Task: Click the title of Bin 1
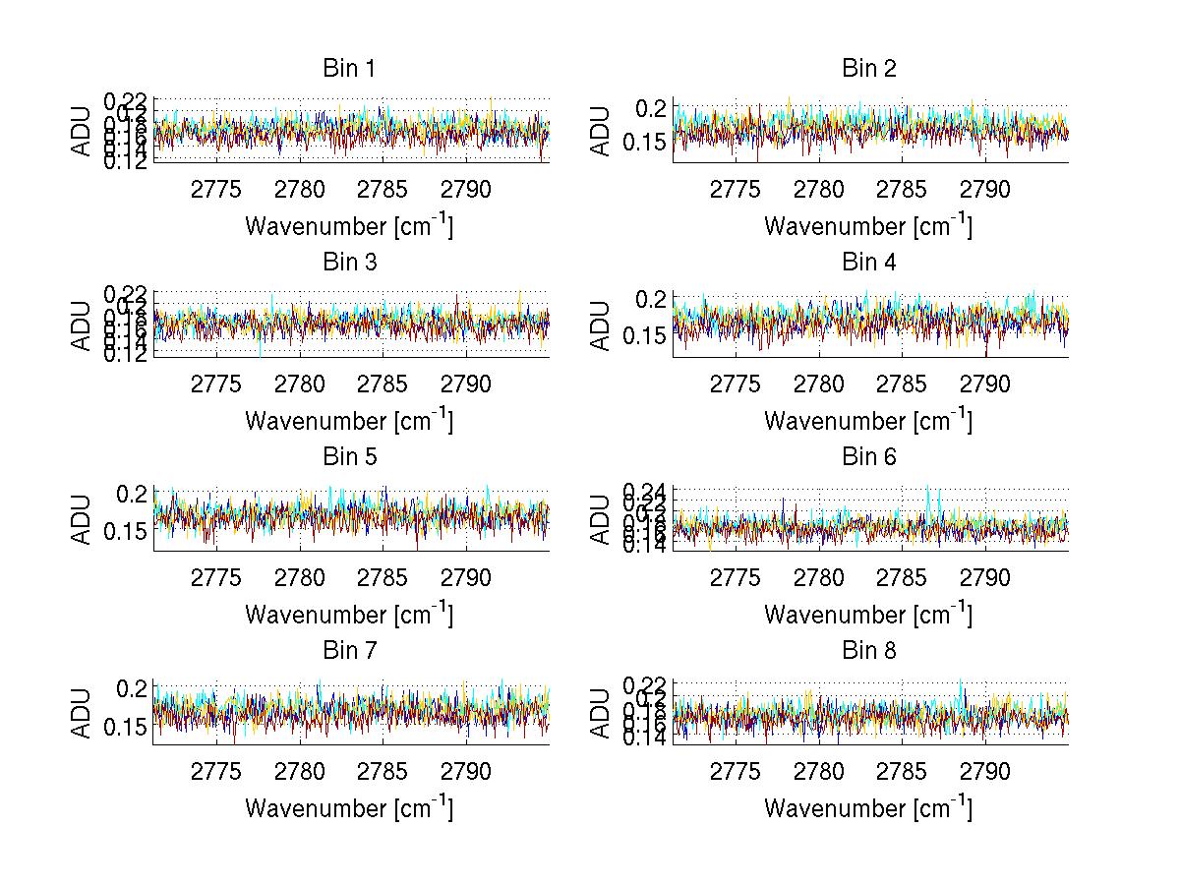(349, 69)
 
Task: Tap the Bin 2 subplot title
(869, 69)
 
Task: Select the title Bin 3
(349, 263)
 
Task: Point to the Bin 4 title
(869, 263)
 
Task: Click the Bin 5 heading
(349, 457)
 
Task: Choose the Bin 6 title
(869, 457)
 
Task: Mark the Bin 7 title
(349, 651)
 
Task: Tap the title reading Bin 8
(869, 651)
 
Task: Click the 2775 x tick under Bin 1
(216, 190)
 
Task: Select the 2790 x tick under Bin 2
(984, 190)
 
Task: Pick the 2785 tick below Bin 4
(902, 384)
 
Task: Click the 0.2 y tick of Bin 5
(136, 493)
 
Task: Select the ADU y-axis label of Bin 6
(601, 518)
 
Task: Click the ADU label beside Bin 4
(601, 325)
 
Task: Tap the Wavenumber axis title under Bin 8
(868, 808)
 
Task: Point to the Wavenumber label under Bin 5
(349, 615)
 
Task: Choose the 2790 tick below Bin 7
(465, 772)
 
